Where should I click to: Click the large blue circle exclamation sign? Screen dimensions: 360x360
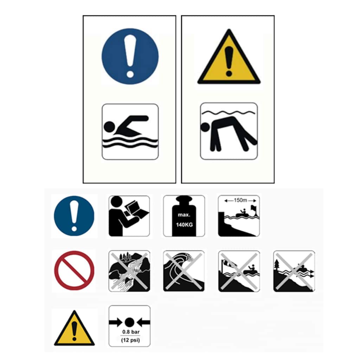[x=130, y=57]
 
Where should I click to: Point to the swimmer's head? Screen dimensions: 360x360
[x=109, y=127]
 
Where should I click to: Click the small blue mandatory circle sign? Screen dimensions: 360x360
[x=74, y=216]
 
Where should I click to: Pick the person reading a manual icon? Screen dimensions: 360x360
[x=129, y=216]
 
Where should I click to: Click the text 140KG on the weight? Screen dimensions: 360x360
[x=184, y=225]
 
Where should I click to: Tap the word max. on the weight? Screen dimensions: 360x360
[x=184, y=215]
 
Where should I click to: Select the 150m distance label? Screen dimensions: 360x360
[x=240, y=200]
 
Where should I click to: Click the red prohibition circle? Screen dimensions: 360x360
[x=74, y=270]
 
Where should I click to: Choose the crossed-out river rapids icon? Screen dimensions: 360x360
[x=129, y=271]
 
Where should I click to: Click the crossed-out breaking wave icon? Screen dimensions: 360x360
[x=184, y=271]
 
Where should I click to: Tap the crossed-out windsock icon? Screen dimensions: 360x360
[x=239, y=271]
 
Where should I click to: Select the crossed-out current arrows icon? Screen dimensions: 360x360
[x=294, y=271]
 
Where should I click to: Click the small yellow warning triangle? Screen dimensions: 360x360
[x=74, y=329]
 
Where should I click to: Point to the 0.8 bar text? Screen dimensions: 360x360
[x=131, y=332]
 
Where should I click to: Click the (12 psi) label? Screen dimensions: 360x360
[x=130, y=340]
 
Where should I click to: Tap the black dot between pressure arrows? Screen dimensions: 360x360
[x=129, y=322]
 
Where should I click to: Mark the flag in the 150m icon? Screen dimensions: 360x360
[x=253, y=208]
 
